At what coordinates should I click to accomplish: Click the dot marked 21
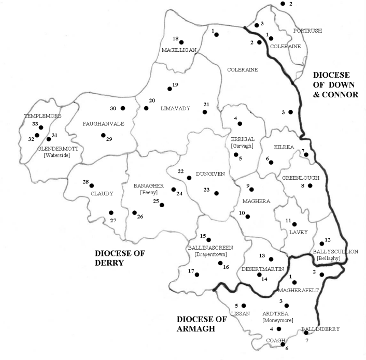(205, 112)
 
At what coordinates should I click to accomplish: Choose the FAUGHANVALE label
(102, 124)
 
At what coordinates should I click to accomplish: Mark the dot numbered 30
(123, 108)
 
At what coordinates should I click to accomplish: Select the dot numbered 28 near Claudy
(92, 185)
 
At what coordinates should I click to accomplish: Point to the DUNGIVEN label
(210, 175)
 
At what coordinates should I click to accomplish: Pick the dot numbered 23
(216, 193)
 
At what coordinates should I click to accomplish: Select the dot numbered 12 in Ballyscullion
(322, 243)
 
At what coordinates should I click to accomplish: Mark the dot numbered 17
(197, 275)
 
